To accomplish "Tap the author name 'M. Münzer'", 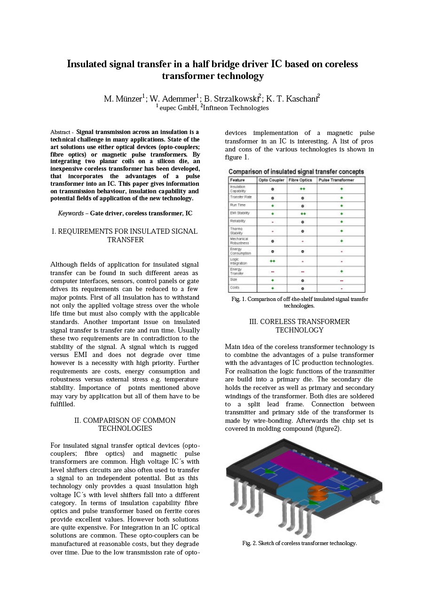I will (x=122, y=99).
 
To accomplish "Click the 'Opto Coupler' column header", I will (x=271, y=180).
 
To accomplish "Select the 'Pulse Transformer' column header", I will (x=336, y=180).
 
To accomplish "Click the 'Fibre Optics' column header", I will (x=301, y=180).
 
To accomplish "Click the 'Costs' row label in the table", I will (x=235, y=287).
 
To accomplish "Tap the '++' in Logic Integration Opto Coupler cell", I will (x=272, y=261).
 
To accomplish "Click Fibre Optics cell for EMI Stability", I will (x=302, y=213).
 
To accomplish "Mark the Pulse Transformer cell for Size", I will (x=341, y=280).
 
